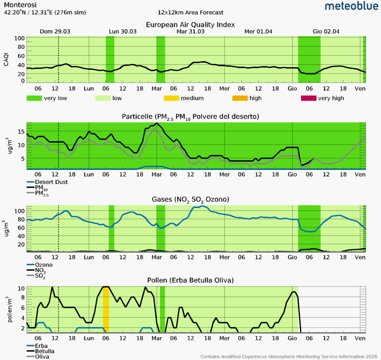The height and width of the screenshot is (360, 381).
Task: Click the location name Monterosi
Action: (x=20, y=5)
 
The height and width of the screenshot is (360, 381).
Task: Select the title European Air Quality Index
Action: (x=190, y=25)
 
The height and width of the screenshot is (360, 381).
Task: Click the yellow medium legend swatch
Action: (x=175, y=98)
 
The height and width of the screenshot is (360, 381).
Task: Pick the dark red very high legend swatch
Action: (x=309, y=98)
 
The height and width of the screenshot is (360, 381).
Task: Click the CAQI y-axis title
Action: (x=6, y=59)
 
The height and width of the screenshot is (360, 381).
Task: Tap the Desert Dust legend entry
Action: (x=52, y=182)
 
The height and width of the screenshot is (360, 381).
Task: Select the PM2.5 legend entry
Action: (x=44, y=193)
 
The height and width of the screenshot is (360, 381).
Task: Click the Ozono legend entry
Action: (x=44, y=265)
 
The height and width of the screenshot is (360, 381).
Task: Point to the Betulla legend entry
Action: (x=45, y=351)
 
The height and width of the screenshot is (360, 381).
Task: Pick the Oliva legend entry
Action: (x=42, y=356)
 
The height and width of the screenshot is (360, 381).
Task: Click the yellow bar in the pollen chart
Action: (x=106, y=309)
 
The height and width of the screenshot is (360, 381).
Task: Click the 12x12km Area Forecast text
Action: (x=190, y=13)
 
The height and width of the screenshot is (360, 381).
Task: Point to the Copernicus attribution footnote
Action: (x=289, y=356)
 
